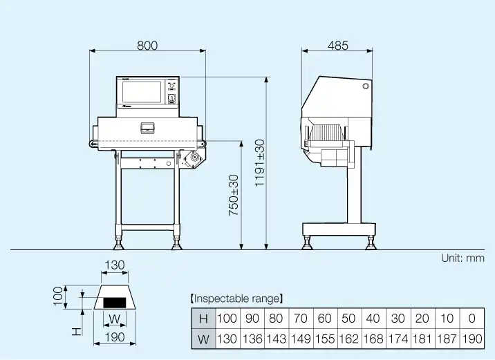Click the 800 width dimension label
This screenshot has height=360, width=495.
[147, 46]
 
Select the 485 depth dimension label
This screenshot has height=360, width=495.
[338, 46]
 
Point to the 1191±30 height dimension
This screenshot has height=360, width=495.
[260, 163]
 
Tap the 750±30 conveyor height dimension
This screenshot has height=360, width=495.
[234, 196]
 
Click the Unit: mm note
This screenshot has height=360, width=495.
[463, 258]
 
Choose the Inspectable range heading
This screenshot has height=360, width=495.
[236, 299]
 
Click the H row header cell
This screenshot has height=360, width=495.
[204, 319]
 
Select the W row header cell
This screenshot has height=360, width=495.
[204, 339]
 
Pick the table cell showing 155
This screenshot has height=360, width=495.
[325, 339]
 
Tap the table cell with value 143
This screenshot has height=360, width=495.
[277, 339]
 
